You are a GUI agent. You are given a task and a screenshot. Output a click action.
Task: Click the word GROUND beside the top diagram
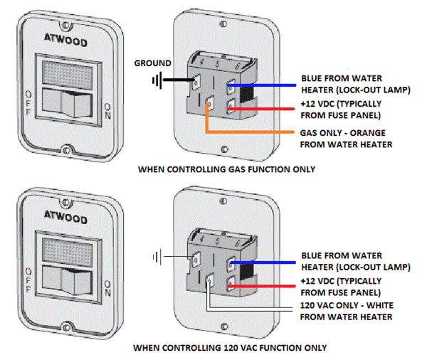pyautogui.click(x=152, y=63)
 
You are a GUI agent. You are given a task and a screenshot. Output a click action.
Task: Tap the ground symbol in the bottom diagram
pyautogui.click(x=155, y=255)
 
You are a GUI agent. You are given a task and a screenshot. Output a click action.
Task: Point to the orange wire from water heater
pyautogui.click(x=249, y=132)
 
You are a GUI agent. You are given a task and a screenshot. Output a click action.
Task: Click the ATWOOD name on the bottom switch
pyautogui.click(x=66, y=213)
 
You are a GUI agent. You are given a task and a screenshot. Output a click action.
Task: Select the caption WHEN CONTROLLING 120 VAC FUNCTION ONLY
pyautogui.click(x=229, y=348)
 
